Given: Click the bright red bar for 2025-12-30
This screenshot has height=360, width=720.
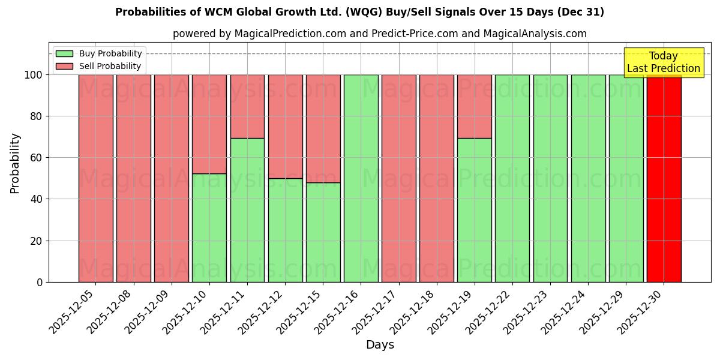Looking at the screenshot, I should [664, 178].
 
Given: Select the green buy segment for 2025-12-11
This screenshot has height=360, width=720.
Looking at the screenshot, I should [247, 210].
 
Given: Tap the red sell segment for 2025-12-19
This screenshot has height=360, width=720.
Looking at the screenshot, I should [474, 106].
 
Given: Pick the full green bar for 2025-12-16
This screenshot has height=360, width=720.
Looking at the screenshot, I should [361, 178].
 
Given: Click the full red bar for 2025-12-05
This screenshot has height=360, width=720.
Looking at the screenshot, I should [95, 178].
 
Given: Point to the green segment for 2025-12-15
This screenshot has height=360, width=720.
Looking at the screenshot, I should [323, 232].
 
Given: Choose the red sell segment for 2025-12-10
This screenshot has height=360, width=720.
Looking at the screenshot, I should [209, 124].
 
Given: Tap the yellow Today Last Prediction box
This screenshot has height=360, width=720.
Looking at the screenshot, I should [663, 62].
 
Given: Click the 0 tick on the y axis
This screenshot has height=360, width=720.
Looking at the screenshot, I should [40, 282].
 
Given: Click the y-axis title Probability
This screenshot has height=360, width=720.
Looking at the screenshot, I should [15, 163].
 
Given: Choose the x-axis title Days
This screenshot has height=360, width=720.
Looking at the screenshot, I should [380, 345].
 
